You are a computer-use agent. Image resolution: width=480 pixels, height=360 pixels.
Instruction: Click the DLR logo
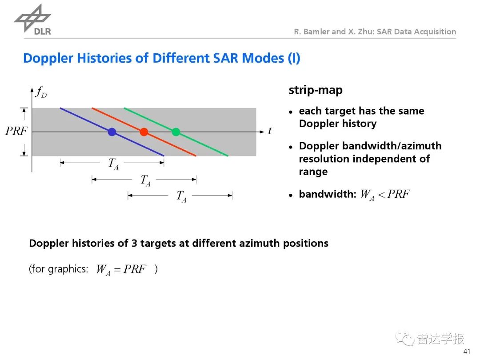[33, 20]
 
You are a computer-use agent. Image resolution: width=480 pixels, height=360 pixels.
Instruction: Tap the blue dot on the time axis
[112, 132]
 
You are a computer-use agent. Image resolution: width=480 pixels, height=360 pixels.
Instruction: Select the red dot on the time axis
[144, 132]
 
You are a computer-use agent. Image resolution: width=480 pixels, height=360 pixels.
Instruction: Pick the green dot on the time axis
[176, 132]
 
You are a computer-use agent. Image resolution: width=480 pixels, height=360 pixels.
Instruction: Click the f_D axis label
[41, 92]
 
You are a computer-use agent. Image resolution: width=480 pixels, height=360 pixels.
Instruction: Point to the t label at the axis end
[270, 131]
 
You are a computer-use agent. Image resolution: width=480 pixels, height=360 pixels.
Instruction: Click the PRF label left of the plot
[16, 131]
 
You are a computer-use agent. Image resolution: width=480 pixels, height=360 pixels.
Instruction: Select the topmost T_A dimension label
[113, 164]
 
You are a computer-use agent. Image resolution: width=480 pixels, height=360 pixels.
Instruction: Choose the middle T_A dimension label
[145, 180]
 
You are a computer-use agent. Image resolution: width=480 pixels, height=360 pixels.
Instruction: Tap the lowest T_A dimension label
[181, 196]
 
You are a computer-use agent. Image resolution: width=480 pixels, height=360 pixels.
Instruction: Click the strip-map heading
[316, 90]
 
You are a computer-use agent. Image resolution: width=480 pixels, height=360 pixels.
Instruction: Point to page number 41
[467, 351]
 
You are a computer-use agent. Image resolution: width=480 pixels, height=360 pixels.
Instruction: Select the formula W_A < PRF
[385, 195]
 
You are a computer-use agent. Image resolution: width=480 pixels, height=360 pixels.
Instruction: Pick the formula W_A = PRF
[121, 269]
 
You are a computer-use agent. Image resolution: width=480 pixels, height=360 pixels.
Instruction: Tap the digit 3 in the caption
[134, 243]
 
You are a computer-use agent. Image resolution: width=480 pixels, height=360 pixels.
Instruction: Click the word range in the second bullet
[313, 172]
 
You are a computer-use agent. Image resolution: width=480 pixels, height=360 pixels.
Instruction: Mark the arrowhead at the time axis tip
[261, 132]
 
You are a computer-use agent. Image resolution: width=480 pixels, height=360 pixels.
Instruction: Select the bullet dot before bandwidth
[291, 195]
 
